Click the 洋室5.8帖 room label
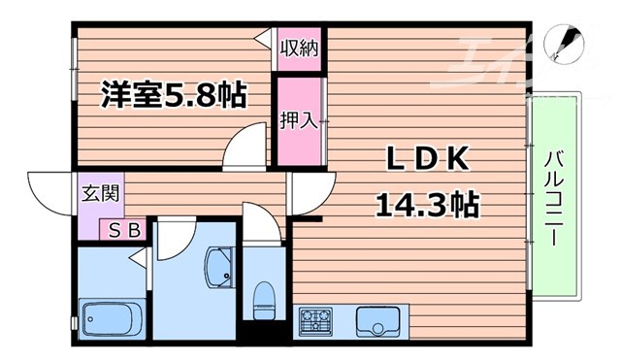click(x=174, y=95)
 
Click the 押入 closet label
click(x=299, y=120)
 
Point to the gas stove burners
click(x=316, y=319)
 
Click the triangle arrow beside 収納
click(x=263, y=38)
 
